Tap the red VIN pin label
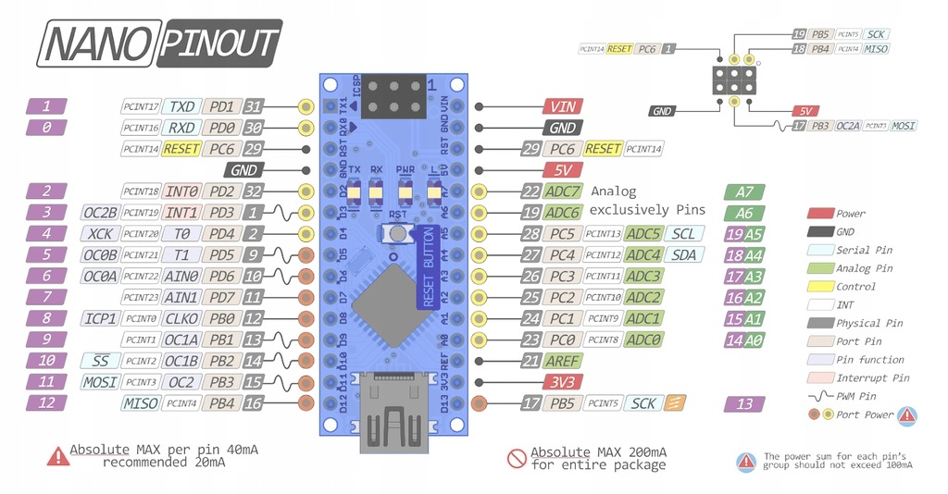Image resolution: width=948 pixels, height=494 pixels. click(561, 107)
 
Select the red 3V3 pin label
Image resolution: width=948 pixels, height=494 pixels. click(561, 381)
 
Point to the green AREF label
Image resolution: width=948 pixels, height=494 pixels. click(563, 361)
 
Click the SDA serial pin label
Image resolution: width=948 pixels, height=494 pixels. click(683, 254)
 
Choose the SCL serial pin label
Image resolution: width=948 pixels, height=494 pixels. click(683, 233)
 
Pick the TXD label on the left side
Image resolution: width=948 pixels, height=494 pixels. click(181, 106)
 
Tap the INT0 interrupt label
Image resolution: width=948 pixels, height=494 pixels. click(181, 191)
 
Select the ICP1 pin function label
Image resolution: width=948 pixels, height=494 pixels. click(100, 318)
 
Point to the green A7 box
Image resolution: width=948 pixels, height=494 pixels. click(744, 192)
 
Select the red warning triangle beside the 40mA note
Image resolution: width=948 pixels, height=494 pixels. click(56, 455)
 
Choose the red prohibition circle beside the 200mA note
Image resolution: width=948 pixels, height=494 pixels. click(516, 457)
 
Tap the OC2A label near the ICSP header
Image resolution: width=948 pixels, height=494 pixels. click(848, 126)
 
